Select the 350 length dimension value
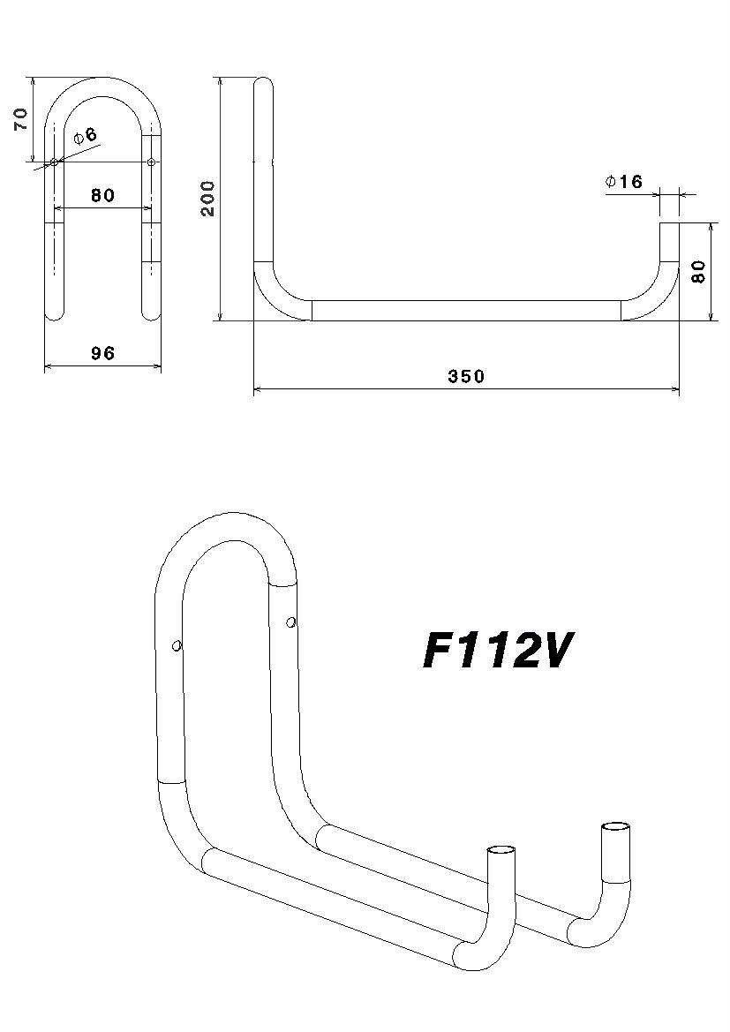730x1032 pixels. (x=466, y=377)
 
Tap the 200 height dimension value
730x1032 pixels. (x=207, y=199)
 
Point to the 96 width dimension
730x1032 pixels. (x=102, y=353)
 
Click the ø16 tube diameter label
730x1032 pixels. (x=624, y=182)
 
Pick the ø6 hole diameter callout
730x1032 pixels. (x=86, y=136)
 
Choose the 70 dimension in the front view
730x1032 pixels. (x=21, y=119)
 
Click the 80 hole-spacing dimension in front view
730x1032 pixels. (x=102, y=195)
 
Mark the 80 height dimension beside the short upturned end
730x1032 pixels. (x=698, y=271)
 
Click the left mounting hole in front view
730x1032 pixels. (x=54, y=162)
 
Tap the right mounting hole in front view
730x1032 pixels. (x=151, y=162)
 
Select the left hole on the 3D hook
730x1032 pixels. (x=177, y=645)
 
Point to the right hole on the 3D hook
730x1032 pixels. (x=290, y=623)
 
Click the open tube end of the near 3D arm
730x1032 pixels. (x=502, y=851)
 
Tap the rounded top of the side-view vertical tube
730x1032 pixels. (x=263, y=84)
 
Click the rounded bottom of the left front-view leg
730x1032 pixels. (x=55, y=311)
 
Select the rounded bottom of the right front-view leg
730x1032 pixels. (x=152, y=311)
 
